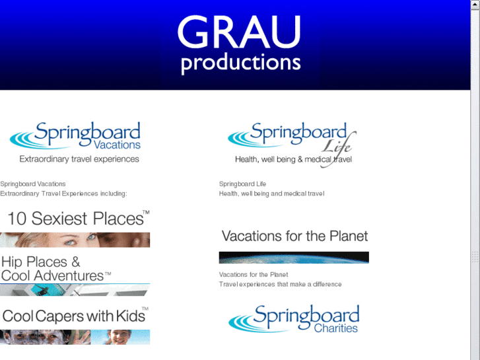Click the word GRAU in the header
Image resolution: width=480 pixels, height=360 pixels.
click(239, 32)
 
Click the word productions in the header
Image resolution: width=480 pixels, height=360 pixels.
click(240, 63)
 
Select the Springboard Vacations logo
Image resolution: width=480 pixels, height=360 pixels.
click(75, 136)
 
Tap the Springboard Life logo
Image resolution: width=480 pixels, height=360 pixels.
click(291, 137)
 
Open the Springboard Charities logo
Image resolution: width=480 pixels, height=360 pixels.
click(294, 318)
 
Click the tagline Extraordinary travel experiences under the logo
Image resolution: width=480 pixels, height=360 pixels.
click(79, 159)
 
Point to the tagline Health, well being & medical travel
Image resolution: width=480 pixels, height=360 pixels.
click(293, 159)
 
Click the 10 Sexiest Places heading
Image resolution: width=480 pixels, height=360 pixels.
click(77, 219)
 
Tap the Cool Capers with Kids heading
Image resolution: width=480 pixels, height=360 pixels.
click(74, 316)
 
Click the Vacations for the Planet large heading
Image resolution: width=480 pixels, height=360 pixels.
click(294, 236)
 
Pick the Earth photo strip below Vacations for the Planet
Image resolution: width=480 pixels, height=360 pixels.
click(294, 258)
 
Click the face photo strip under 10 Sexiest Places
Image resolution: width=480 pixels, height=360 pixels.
click(75, 240)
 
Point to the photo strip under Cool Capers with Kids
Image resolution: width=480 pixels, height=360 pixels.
click(75, 337)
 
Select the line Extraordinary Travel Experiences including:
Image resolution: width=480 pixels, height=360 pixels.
click(63, 194)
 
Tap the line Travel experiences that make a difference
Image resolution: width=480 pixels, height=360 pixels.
click(280, 284)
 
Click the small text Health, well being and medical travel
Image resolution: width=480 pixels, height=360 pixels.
click(271, 194)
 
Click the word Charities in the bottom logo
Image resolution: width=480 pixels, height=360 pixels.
click(336, 328)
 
